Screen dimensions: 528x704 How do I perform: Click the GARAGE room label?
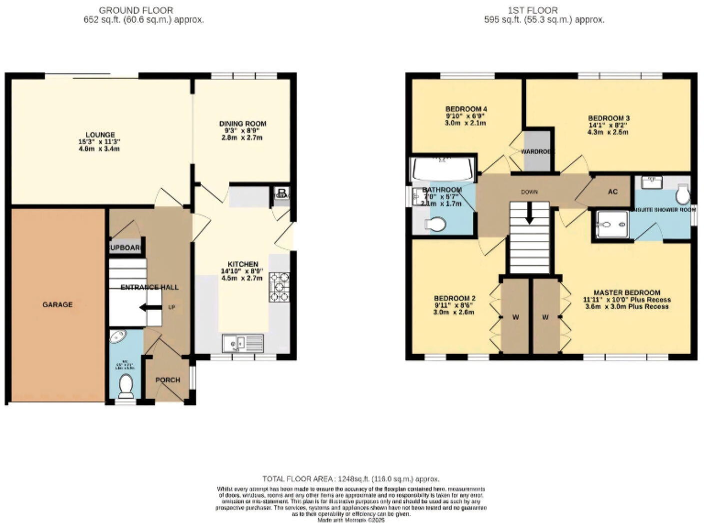click(57, 304)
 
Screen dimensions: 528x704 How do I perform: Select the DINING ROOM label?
click(242, 124)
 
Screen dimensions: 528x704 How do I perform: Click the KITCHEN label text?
click(243, 264)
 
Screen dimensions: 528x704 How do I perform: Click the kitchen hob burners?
click(279, 290)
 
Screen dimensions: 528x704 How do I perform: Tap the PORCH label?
click(168, 380)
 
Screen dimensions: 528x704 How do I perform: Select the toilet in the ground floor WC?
click(126, 386)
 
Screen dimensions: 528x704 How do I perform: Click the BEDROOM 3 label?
click(609, 118)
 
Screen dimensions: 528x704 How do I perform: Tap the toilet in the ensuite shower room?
click(682, 194)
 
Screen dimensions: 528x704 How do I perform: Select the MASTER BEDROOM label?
click(627, 291)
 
